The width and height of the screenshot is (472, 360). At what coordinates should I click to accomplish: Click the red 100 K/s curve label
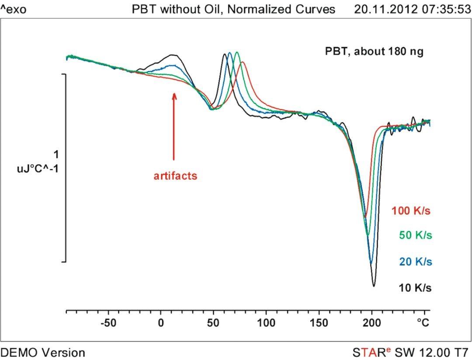pos(411,211)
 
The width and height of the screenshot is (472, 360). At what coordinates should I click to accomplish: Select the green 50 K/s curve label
pos(415,236)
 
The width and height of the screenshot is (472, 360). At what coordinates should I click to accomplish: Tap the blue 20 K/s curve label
pos(415,262)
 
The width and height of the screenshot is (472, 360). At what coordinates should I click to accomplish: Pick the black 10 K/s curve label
pos(415,288)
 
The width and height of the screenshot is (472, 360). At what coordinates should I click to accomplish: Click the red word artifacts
pos(175,176)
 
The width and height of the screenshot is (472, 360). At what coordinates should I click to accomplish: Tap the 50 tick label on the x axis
pos(213,323)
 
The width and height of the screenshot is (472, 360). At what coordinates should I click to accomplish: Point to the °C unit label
pos(423,323)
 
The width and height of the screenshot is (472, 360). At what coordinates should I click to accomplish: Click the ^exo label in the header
pos(14,9)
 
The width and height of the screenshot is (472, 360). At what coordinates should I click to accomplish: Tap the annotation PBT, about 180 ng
pos(374,52)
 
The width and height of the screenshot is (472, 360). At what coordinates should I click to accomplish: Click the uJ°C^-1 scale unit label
pos(38,168)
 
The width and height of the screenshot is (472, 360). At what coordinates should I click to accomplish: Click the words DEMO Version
pos(43,352)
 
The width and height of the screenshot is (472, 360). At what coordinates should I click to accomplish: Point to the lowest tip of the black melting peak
pos(374,286)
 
